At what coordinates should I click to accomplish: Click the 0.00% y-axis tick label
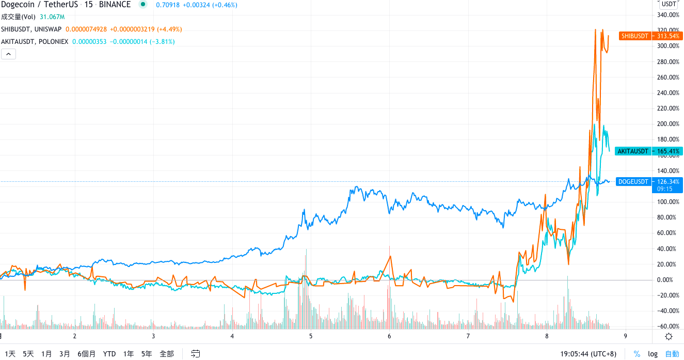pyautogui.click(x=667, y=280)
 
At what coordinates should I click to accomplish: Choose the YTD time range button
pyautogui.click(x=109, y=354)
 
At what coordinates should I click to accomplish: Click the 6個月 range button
pyautogui.click(x=87, y=354)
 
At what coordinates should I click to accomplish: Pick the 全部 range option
pyautogui.click(x=167, y=354)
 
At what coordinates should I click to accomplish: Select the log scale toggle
pyautogui.click(x=653, y=354)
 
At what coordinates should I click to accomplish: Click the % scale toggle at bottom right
pyautogui.click(x=637, y=354)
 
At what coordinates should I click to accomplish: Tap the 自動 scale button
pyautogui.click(x=672, y=354)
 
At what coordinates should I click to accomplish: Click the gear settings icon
pyautogui.click(x=669, y=336)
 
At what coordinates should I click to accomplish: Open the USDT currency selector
pyautogui.click(x=669, y=4)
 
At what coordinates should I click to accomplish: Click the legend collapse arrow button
pyautogui.click(x=8, y=54)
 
